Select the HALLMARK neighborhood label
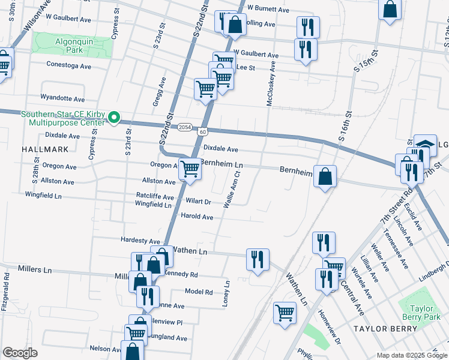coord(41,148)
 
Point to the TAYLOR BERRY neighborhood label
coord(385,329)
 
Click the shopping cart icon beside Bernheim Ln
coord(190,170)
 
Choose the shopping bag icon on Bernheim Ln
coord(325,176)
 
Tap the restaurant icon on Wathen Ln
coord(258,260)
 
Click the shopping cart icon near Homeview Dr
coord(285,312)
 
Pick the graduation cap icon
coord(425,145)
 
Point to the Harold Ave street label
coord(197,217)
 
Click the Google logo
coord(20,353)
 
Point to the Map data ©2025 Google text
coord(412,355)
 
